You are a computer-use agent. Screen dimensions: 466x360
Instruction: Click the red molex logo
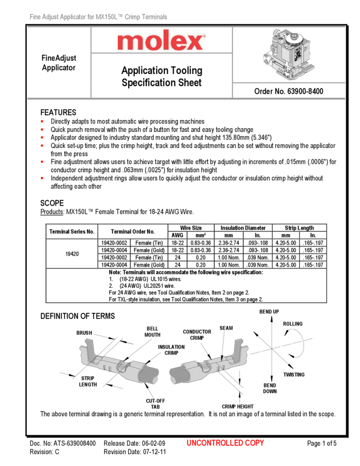click(x=161, y=41)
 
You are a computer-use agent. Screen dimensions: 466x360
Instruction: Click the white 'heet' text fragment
click(x=192, y=83)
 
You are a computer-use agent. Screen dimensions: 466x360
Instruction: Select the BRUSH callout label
click(x=84, y=333)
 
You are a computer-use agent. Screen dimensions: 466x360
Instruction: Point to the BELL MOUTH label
click(x=152, y=332)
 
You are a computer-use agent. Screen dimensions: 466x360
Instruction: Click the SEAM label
click(x=226, y=328)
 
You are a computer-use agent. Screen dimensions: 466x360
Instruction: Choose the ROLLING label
click(x=292, y=324)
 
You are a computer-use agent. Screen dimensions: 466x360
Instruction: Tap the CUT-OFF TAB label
click(x=155, y=404)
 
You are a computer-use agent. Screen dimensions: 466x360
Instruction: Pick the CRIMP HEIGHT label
click(x=237, y=407)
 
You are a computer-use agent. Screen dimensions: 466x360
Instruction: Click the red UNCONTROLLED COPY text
click(x=225, y=443)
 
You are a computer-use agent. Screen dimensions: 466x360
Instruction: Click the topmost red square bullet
click(x=42, y=121)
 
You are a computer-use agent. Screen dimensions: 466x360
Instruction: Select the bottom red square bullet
click(x=42, y=178)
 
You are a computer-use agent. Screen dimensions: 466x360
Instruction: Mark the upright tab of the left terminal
click(x=87, y=350)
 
